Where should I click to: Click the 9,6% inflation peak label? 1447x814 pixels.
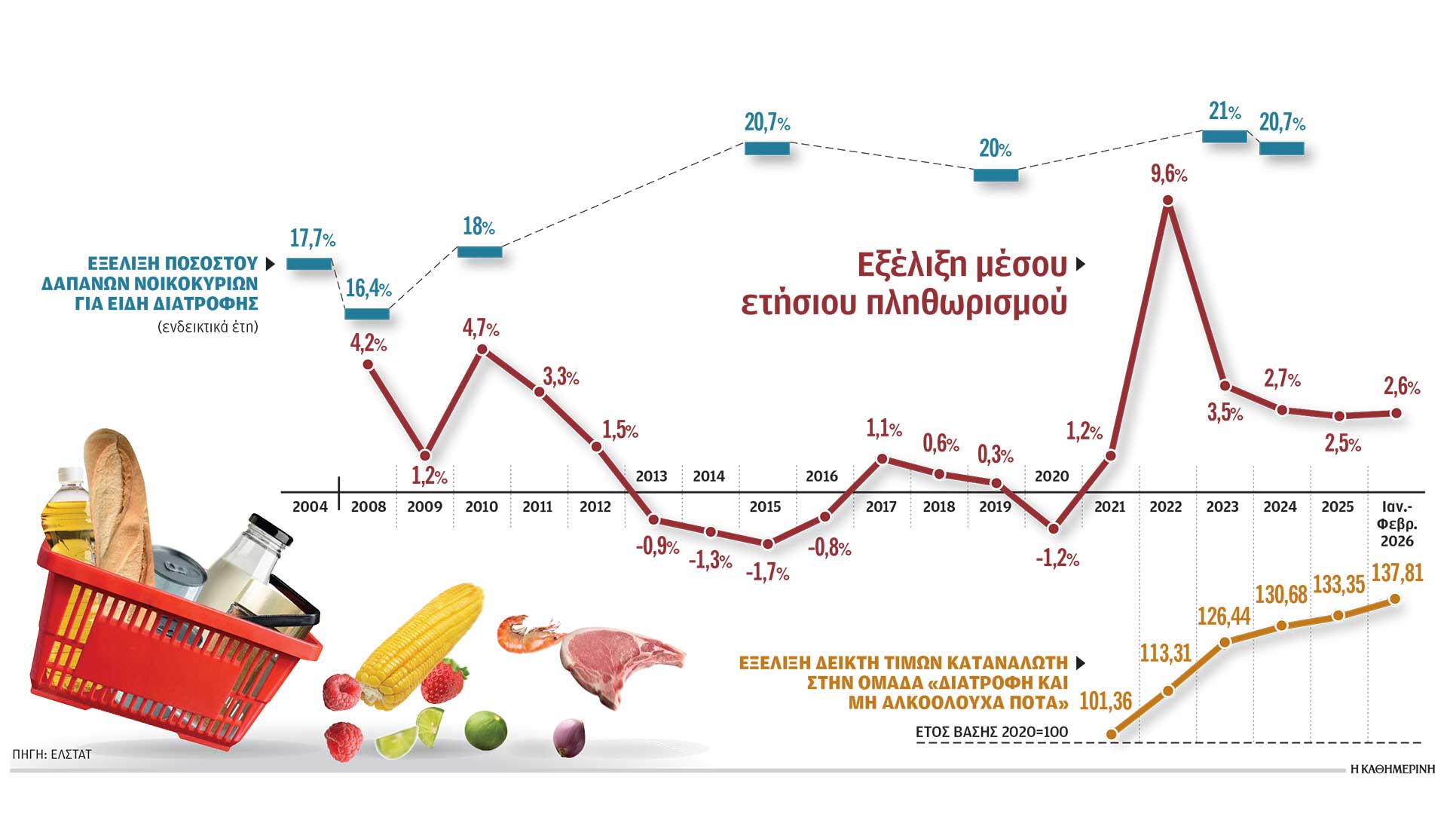point(1168,175)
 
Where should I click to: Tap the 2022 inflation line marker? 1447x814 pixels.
point(1168,200)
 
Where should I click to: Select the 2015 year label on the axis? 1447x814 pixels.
point(765,507)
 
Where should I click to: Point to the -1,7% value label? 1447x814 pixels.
point(767,573)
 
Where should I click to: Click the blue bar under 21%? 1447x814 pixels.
point(1224,136)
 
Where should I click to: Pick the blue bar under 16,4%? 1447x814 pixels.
point(367,314)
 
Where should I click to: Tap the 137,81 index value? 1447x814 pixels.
point(1397,573)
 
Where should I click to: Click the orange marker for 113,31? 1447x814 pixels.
point(1168,690)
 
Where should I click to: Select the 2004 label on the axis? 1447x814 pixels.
point(310,507)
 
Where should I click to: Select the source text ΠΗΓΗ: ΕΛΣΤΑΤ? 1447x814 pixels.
point(52,754)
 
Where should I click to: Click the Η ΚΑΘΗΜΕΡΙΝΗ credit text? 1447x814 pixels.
point(1393,770)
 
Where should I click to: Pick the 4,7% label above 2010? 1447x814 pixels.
point(481,329)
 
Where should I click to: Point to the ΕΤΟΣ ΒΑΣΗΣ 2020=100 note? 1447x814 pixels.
point(991,732)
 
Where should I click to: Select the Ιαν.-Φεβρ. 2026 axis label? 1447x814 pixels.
point(1397,524)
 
